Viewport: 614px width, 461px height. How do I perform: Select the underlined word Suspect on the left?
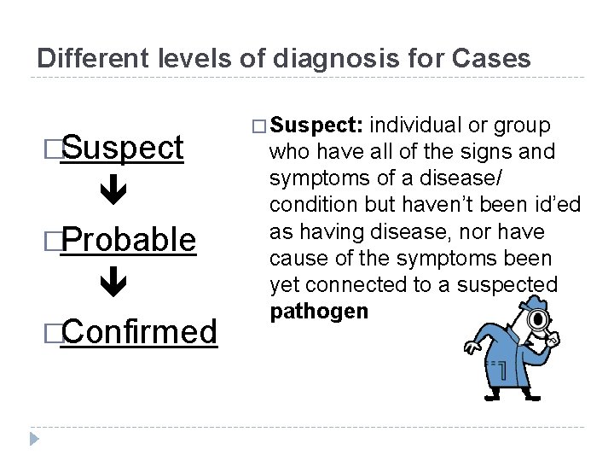(x=123, y=148)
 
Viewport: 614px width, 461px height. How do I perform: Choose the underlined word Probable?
(x=129, y=239)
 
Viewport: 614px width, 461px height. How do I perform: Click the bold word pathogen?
(x=319, y=312)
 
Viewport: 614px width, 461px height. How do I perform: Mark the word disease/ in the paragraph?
(x=470, y=179)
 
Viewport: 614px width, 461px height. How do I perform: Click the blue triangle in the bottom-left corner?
(x=34, y=440)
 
